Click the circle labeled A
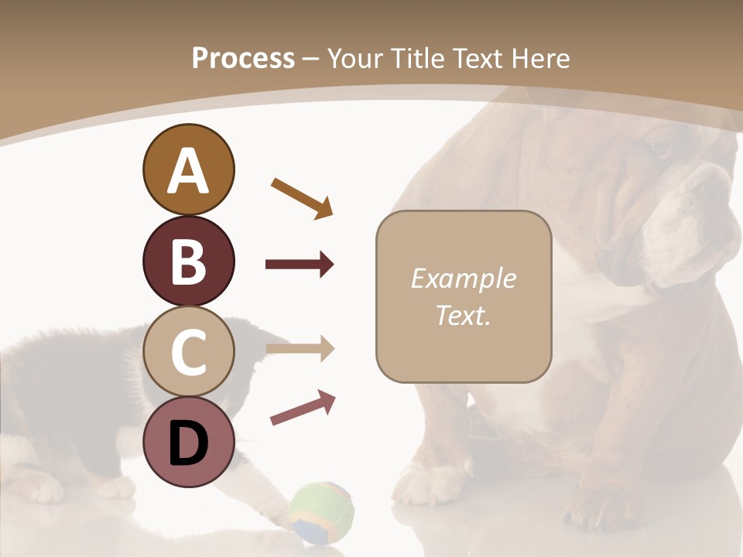188,170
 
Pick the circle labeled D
188,443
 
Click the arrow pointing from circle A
302,197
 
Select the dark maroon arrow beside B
300,265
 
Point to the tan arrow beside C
300,349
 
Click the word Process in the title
243,58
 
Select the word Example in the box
463,278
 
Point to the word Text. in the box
463,316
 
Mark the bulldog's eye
659,148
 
